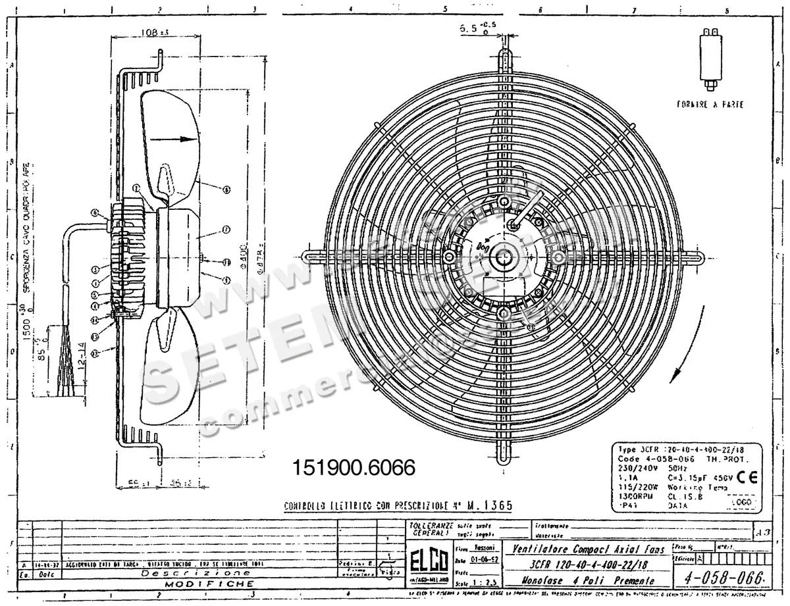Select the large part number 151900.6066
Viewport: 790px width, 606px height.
pos(350,468)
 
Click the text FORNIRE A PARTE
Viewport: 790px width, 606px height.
pos(710,104)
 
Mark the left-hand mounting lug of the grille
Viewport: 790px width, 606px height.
pos(311,254)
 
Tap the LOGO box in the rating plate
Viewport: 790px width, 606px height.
pos(741,501)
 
